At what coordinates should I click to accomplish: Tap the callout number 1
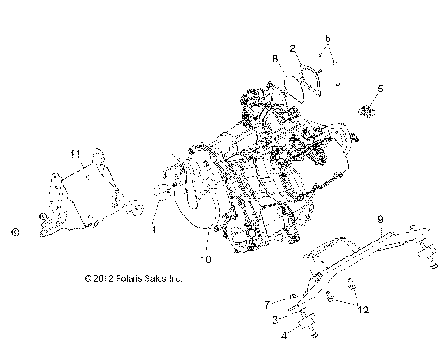[x=154, y=227]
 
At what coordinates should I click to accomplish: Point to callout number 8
[x=275, y=59]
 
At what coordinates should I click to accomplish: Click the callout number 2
[x=293, y=47]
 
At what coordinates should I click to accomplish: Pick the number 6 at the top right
[x=328, y=38]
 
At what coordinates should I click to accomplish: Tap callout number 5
[x=380, y=90]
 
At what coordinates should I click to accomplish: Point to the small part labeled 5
[x=366, y=113]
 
